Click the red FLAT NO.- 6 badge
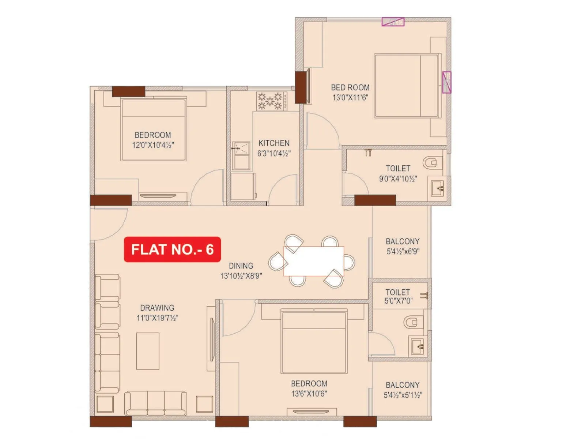172,249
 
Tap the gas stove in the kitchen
271,101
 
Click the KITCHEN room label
274,143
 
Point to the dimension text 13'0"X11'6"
350,98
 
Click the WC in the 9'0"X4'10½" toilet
432,162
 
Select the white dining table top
314,261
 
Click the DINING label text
241,266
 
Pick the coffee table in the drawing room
148,351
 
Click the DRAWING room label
157,308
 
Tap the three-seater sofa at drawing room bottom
155,403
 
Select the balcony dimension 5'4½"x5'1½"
403,395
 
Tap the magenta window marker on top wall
393,22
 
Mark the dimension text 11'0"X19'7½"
157,318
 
